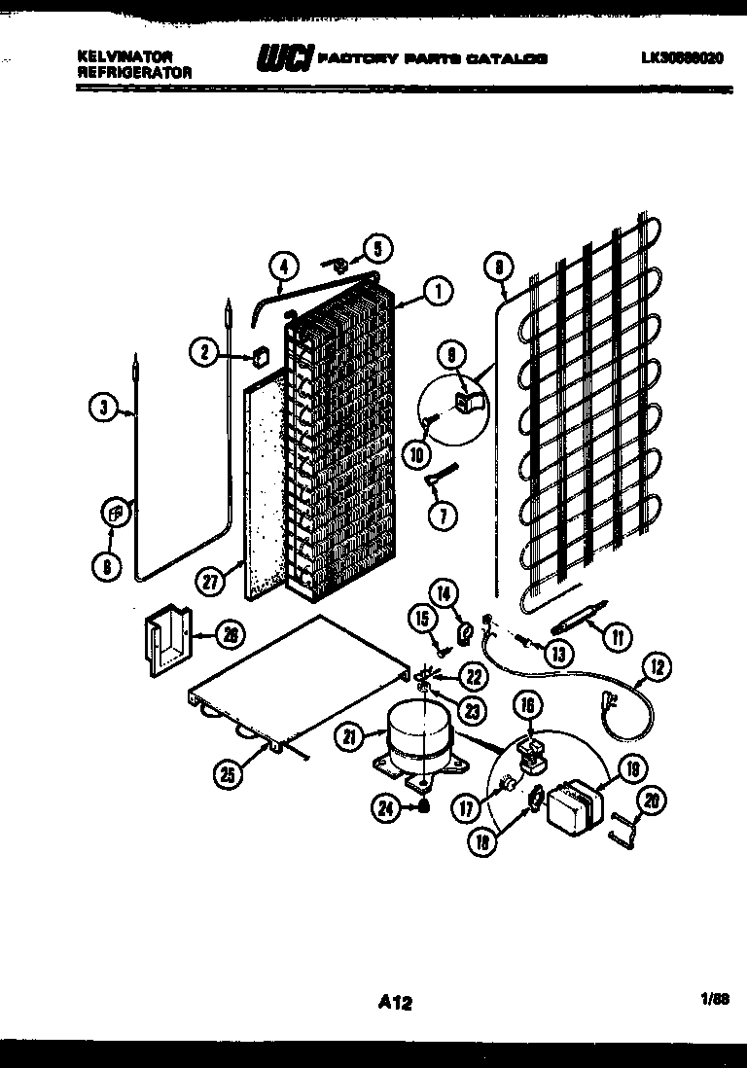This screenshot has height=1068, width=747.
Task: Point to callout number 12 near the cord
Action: (x=657, y=667)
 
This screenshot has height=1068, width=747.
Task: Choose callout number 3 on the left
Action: (x=104, y=409)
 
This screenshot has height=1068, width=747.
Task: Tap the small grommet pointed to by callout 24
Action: (x=425, y=805)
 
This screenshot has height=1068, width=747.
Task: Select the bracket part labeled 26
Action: (x=166, y=641)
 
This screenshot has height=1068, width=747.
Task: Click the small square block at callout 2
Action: (x=259, y=356)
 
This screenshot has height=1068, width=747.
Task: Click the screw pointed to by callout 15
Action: (x=443, y=640)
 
